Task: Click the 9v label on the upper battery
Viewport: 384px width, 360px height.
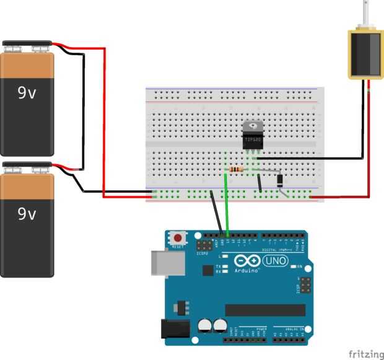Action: tap(27, 93)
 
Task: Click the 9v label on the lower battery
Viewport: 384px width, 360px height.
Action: tap(27, 214)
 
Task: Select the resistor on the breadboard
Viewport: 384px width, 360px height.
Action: tap(236, 169)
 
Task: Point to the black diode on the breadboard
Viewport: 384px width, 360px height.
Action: tap(280, 180)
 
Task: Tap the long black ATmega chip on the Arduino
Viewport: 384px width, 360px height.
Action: tap(265, 310)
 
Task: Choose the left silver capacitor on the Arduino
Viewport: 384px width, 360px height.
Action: tap(204, 326)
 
